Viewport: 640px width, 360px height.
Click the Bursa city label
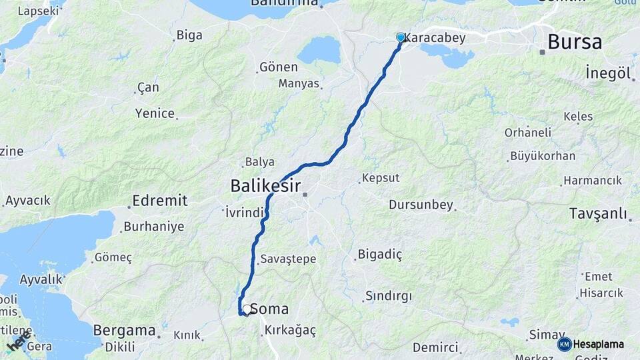574,43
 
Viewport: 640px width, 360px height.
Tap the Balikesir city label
265,186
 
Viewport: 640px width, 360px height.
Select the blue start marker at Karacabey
400,37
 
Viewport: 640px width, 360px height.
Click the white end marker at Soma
247,309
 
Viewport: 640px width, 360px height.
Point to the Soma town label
269,309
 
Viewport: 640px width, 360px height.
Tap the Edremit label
160,201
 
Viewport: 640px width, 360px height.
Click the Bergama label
124,330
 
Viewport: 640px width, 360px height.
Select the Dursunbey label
421,205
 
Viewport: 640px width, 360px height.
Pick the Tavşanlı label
599,213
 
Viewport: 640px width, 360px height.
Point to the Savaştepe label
289,259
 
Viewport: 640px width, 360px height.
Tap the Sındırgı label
389,295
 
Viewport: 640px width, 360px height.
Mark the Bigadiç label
381,254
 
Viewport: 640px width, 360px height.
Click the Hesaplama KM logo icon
564,344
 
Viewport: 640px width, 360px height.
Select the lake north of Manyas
319,50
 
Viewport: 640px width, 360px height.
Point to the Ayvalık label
41,279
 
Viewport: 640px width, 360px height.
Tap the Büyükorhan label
542,157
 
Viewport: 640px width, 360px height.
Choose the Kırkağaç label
290,330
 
